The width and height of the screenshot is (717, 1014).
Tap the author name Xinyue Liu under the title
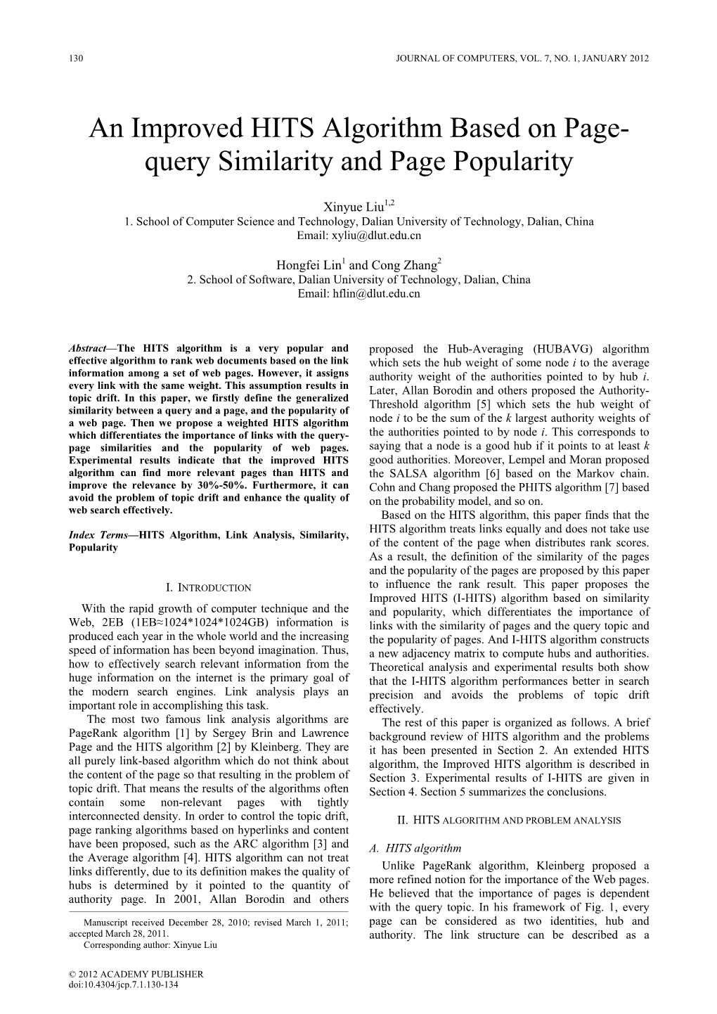point(354,207)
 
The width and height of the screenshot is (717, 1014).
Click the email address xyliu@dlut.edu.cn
point(358,236)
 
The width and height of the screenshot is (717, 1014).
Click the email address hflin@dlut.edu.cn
point(358,293)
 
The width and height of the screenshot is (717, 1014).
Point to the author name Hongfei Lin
point(307,265)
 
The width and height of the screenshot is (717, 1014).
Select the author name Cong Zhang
point(401,265)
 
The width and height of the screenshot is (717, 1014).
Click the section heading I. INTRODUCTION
point(207,587)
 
